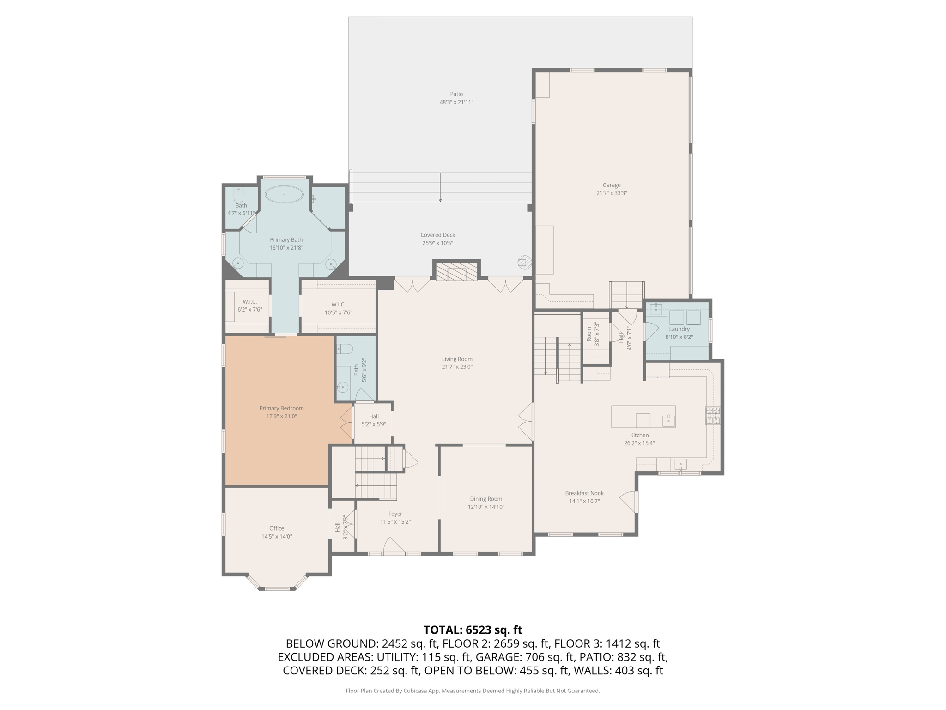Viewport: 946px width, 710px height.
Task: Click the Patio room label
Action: (x=456, y=94)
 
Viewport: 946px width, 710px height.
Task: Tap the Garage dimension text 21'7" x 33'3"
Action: (x=611, y=193)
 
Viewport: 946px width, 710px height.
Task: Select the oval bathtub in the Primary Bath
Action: (x=284, y=194)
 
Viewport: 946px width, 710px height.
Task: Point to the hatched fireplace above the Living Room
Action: (x=456, y=271)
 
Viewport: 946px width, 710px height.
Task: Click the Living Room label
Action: (x=457, y=359)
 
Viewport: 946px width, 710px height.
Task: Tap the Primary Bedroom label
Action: (x=281, y=408)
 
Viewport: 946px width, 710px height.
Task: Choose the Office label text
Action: (x=277, y=528)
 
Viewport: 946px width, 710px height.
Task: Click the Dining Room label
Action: (x=485, y=499)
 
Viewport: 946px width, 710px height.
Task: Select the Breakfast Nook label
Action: (x=584, y=493)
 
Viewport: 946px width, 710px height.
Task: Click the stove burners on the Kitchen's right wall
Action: (x=712, y=415)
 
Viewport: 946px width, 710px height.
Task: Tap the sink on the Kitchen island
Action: (x=668, y=420)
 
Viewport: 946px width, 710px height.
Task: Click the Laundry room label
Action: (x=679, y=329)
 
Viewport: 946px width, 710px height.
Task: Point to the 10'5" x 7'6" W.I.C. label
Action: (x=338, y=305)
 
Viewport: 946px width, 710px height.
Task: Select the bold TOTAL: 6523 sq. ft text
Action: (x=473, y=630)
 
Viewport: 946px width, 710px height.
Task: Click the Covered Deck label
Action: (x=437, y=235)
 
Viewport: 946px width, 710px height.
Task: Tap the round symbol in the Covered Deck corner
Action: (x=523, y=263)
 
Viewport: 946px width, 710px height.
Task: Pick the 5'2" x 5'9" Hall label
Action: (x=374, y=416)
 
